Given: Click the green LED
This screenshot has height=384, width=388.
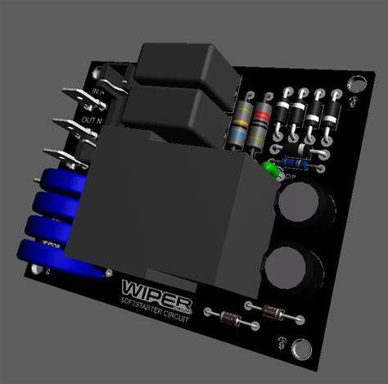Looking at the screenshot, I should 269,169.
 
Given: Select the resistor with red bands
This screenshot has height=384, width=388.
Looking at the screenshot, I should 261,124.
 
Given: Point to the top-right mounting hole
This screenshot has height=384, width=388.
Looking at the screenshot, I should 357,83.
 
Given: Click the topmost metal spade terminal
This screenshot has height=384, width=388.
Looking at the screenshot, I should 73,93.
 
